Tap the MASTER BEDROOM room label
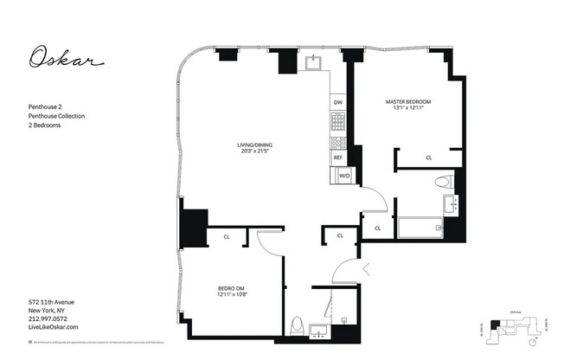pos(407,102)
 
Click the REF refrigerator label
pos(337,158)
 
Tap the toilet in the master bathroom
pos(445,183)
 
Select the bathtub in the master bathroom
pos(420,228)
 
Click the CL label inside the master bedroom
pos(429,157)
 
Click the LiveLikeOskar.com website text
pos(54,327)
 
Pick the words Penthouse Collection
pos(57,116)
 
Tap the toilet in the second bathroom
pos(298,325)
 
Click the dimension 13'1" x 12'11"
pos(407,109)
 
